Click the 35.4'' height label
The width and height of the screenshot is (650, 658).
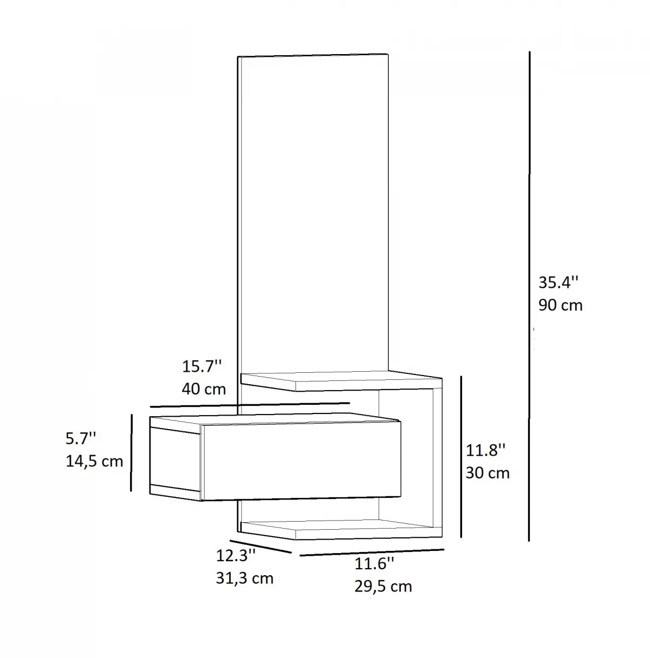558,282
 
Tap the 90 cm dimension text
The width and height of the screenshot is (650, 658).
560,305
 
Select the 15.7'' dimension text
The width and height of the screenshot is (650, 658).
201,366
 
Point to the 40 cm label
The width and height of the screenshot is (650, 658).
204,389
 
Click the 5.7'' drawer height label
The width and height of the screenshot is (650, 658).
82,438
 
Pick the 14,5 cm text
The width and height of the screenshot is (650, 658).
94,461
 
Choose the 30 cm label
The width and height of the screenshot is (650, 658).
487,473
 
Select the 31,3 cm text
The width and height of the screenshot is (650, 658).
244,578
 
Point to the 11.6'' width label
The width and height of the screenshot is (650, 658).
374,564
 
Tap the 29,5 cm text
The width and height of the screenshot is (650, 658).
383,586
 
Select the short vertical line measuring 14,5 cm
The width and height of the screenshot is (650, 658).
131,452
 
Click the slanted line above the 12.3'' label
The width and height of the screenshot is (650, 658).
261,547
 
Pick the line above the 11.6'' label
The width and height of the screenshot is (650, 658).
372,552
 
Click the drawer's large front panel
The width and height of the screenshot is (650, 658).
301,460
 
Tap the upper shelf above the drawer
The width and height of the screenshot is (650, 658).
341,380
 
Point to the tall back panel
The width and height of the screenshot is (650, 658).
313,211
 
